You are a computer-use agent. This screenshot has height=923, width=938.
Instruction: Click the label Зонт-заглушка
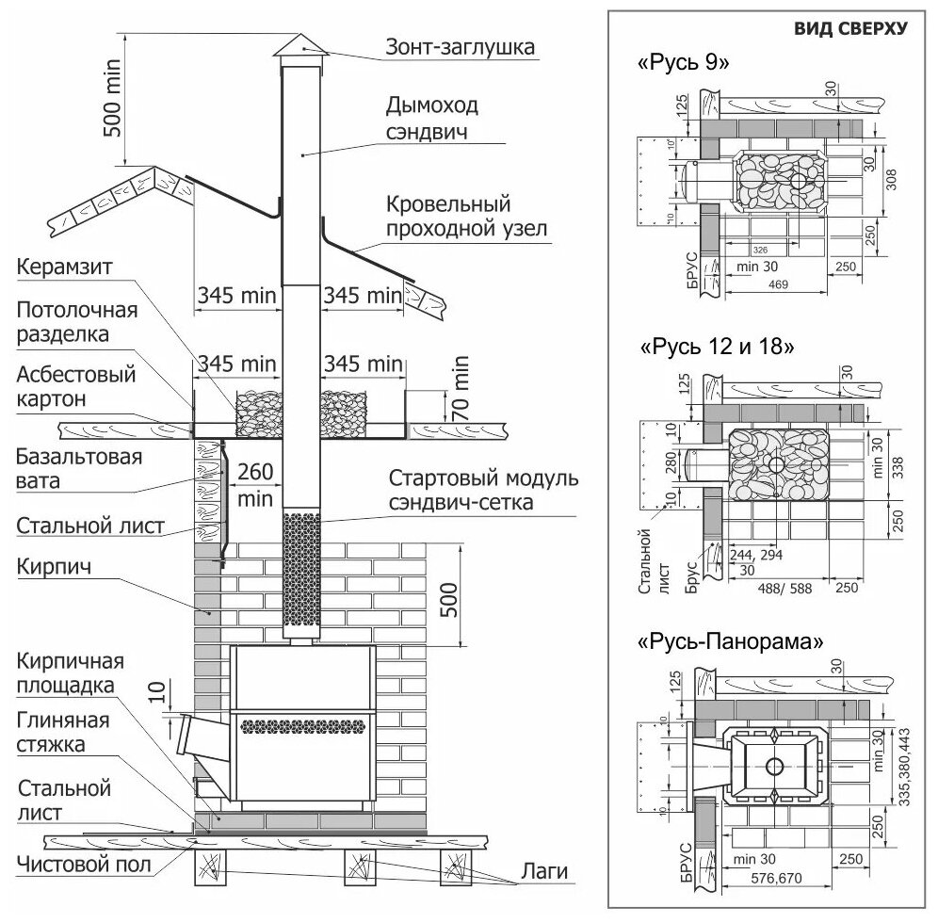pos(459,45)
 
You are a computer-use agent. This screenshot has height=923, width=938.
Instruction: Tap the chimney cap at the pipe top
pos(300,44)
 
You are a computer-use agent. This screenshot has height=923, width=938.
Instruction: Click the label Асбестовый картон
pos(75,386)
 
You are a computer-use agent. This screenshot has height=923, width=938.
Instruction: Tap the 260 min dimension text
pos(253,484)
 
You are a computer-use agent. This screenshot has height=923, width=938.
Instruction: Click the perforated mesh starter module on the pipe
pos(303,575)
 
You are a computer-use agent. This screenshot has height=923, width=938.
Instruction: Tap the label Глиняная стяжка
pos(63,733)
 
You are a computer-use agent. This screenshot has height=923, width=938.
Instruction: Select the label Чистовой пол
pos(78,865)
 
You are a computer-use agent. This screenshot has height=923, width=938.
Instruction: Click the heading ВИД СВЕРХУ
pos(850,28)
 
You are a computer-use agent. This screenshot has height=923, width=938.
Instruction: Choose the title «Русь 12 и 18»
pos(717,347)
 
